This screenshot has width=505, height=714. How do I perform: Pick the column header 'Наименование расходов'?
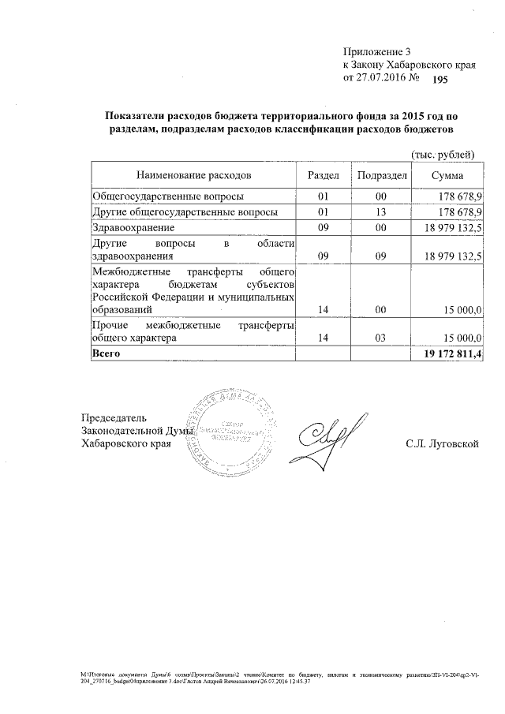coord(193,174)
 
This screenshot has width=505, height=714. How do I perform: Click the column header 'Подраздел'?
coord(380,174)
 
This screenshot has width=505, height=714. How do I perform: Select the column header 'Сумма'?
coord(447,174)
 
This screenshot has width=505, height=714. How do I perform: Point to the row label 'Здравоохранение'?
coord(133,228)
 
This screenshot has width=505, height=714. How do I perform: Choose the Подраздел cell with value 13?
coord(380,212)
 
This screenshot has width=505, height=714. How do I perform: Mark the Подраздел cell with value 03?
coord(380,338)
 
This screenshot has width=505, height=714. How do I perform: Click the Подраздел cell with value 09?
coord(380,256)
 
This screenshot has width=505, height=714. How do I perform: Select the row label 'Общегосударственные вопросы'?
coord(167,196)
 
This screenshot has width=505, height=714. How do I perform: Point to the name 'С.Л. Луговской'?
coord(443,443)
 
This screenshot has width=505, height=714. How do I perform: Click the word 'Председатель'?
coord(114,417)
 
